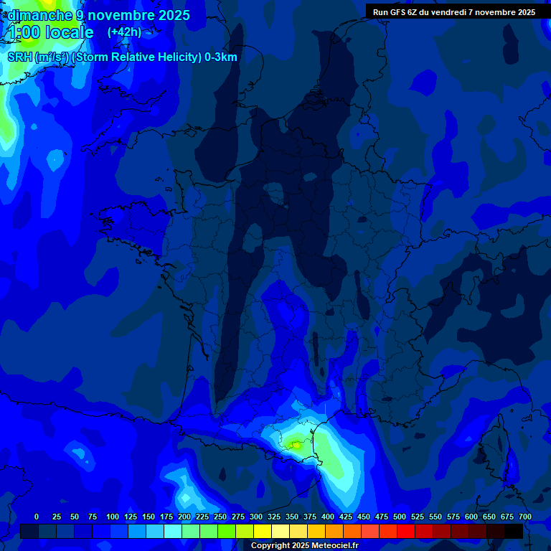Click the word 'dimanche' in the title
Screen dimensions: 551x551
pos(40,15)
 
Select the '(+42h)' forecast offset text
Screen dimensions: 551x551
pos(123,32)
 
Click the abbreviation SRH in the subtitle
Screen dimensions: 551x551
pos(20,57)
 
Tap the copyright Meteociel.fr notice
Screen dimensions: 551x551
pos(304,546)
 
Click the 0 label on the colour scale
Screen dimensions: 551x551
pos(37,517)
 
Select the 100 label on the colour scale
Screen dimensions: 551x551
pos(113,517)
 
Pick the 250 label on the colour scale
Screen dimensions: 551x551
pos(220,517)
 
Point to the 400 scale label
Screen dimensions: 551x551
pos(328,517)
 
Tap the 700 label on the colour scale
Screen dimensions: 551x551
pos(525,517)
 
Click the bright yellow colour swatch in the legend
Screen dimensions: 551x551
pos(263,532)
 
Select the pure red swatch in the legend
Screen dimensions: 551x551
pos(406,532)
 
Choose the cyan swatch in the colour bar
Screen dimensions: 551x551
pos(173,532)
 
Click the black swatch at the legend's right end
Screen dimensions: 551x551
pos(514,532)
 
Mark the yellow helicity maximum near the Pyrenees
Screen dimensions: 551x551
pos(295,445)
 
